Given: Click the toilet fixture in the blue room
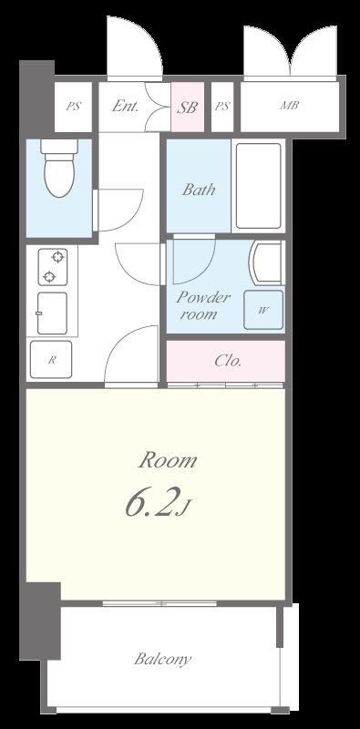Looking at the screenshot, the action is pyautogui.click(x=59, y=168).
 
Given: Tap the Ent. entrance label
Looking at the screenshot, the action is pyautogui.click(x=126, y=106).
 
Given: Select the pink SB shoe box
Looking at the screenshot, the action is pyautogui.click(x=188, y=108).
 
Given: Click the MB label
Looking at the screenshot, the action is pyautogui.click(x=289, y=106).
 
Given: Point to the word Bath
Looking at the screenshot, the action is pyautogui.click(x=199, y=190).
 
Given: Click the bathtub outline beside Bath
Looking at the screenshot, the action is pyautogui.click(x=258, y=186).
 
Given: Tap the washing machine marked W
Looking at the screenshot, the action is pyautogui.click(x=263, y=310).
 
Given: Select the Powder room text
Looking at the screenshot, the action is pyautogui.click(x=202, y=305).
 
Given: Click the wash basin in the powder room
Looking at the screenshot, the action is pyautogui.click(x=266, y=262).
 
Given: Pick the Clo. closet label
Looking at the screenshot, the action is pyautogui.click(x=228, y=361).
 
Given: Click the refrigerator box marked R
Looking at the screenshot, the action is pyautogui.click(x=51, y=359).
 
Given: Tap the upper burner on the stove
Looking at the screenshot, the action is pyautogui.click(x=57, y=257).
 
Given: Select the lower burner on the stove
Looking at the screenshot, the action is pyautogui.click(x=49, y=278).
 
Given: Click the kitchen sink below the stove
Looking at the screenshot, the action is pyautogui.click(x=52, y=313).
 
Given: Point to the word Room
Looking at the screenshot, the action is pyautogui.click(x=168, y=461).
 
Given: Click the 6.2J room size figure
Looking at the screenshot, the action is pyautogui.click(x=158, y=504).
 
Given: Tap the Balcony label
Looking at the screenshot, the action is pyautogui.click(x=162, y=659).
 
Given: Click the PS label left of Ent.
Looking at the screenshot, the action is pyautogui.click(x=73, y=106).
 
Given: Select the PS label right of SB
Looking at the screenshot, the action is pyautogui.click(x=221, y=106).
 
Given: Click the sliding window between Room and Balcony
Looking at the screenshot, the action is pyautogui.click(x=159, y=603).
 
